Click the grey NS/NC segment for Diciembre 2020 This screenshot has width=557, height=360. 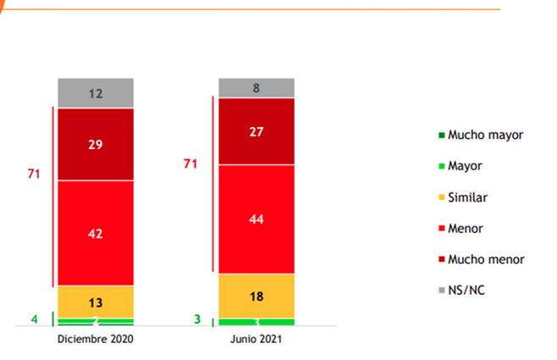click(96, 93)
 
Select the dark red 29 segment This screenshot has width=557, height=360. click(96, 144)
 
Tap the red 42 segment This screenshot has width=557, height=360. click(96, 233)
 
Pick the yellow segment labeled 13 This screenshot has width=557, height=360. click(96, 302)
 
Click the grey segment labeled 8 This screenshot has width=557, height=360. click(256, 87)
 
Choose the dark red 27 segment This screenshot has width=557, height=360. click(256, 131)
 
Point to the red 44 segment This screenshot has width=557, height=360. click(256, 219)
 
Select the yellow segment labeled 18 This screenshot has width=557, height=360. click(256, 296)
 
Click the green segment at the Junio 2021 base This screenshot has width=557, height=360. click(256, 322)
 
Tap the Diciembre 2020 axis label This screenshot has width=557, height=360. click(96, 339)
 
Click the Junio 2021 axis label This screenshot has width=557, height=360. click(256, 339)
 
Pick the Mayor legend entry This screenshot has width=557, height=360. click(465, 165)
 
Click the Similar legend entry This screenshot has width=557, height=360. click(467, 197)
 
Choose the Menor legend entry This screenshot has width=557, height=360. click(465, 228)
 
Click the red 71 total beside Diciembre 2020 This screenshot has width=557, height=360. click(34, 174)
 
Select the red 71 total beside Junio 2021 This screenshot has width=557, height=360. click(191, 163)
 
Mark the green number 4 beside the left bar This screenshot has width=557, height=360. click(34, 319)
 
